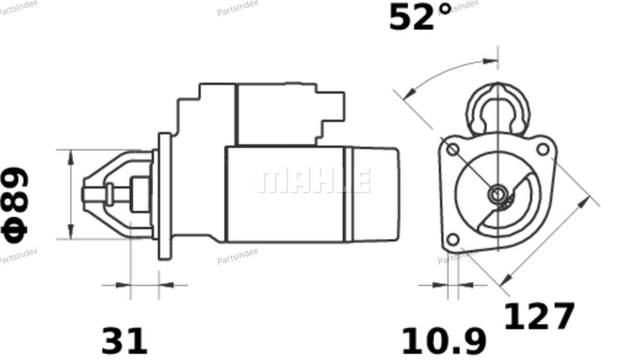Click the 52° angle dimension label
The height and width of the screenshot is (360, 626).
tap(420, 17)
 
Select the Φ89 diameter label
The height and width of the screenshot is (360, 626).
tap(15, 205)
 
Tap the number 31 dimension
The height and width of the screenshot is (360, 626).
tap(124, 341)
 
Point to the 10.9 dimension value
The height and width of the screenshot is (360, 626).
tap(444, 341)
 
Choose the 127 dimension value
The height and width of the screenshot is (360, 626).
tap(539, 316)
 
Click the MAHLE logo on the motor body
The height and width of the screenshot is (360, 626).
tap(314, 181)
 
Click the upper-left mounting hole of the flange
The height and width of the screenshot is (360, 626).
tap(453, 150)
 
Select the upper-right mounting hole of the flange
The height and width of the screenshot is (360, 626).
tap(543, 149)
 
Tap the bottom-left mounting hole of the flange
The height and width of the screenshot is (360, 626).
tap(453, 239)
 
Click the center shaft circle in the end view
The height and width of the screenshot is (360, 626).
tap(498, 194)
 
